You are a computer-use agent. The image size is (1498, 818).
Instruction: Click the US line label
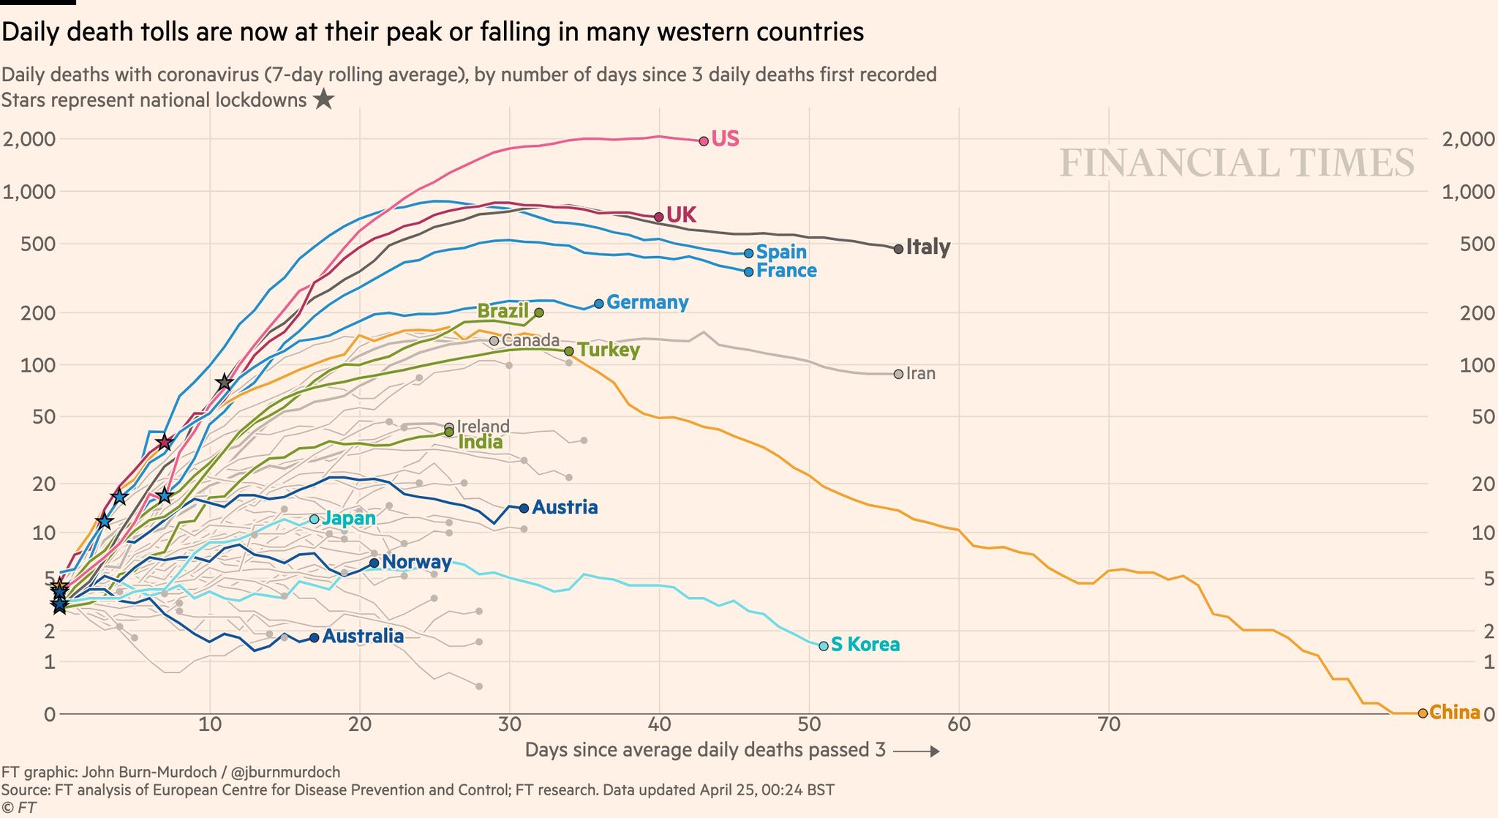click(725, 139)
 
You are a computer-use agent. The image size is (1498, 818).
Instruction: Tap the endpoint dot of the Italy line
click(898, 249)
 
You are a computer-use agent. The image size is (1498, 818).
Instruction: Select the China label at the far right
click(1454, 712)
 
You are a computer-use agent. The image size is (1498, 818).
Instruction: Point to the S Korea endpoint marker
click(824, 645)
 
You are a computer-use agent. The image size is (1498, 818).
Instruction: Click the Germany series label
click(647, 302)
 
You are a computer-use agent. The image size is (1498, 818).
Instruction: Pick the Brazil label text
click(503, 311)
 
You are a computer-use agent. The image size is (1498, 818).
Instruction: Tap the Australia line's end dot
click(315, 637)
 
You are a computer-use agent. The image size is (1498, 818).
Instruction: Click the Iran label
click(920, 374)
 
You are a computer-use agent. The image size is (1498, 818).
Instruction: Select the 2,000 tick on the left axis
click(29, 139)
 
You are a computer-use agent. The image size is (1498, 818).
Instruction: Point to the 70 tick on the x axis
click(1109, 725)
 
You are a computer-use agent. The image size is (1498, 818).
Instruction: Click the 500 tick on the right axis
click(1477, 244)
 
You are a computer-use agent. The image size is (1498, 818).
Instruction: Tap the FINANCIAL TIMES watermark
click(1237, 162)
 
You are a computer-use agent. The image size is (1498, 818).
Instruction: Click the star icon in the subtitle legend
click(323, 100)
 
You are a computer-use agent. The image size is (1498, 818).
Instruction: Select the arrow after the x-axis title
click(916, 751)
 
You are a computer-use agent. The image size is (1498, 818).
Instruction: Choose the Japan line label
click(349, 519)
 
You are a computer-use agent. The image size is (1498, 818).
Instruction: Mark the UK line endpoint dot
click(658, 217)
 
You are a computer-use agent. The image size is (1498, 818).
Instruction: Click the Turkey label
click(609, 350)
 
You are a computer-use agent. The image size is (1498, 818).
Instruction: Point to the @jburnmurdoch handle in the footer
click(285, 772)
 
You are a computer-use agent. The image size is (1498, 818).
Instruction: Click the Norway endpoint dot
click(374, 563)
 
